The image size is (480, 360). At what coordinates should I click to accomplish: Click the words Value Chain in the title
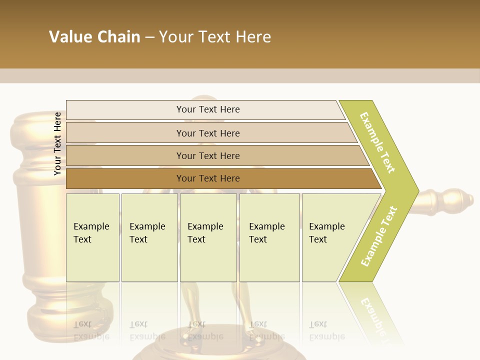click(94, 37)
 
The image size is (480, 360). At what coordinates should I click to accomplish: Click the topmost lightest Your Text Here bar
click(207, 109)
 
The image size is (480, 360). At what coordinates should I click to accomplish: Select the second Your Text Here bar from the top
click(207, 133)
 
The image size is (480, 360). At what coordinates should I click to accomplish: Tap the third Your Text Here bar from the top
click(207, 155)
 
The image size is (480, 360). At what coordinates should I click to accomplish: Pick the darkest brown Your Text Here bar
click(207, 178)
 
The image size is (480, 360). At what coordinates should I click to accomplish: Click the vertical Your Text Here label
click(57, 143)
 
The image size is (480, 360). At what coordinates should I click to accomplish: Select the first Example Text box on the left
click(92, 237)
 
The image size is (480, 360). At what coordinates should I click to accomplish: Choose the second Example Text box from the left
click(149, 237)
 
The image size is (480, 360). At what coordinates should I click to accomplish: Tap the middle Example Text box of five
click(208, 237)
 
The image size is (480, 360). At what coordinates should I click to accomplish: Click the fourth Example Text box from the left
click(269, 237)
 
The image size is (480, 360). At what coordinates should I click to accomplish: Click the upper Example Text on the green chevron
click(377, 143)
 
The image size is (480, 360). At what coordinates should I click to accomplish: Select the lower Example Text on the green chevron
click(379, 236)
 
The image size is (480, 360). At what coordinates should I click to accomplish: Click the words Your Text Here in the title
click(215, 37)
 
